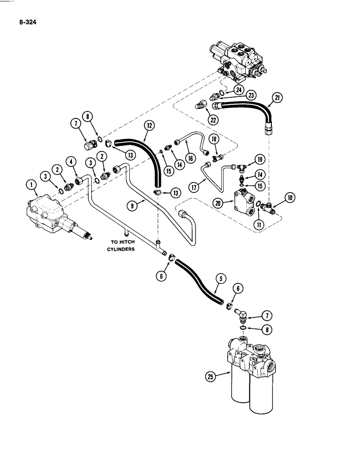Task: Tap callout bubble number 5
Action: tap(222, 279)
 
